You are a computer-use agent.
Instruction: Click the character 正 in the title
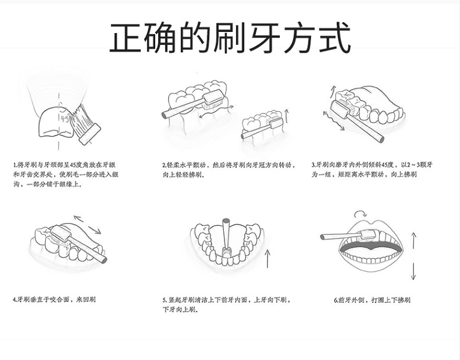[x=126, y=37]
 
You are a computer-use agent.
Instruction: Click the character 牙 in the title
[x=264, y=37]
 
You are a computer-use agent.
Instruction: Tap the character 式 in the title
[x=334, y=37]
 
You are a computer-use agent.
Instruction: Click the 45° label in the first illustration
[x=66, y=118]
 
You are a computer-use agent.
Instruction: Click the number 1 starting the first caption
[x=14, y=165]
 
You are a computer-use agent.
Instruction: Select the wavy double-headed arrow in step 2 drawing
[x=217, y=111]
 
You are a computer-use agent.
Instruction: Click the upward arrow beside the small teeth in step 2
[x=286, y=116]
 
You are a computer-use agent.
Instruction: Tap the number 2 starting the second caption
[x=164, y=165]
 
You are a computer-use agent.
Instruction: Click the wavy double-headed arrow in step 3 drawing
[x=334, y=120]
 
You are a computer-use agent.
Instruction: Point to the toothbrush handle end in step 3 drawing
[x=381, y=139]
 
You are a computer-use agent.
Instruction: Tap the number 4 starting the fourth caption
[x=14, y=299]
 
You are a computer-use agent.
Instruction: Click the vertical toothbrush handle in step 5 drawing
[x=226, y=234]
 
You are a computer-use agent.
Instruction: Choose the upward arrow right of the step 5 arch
[x=267, y=258]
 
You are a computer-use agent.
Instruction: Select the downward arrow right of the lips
[x=413, y=271]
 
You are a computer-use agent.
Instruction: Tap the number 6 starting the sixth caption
[x=335, y=300]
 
